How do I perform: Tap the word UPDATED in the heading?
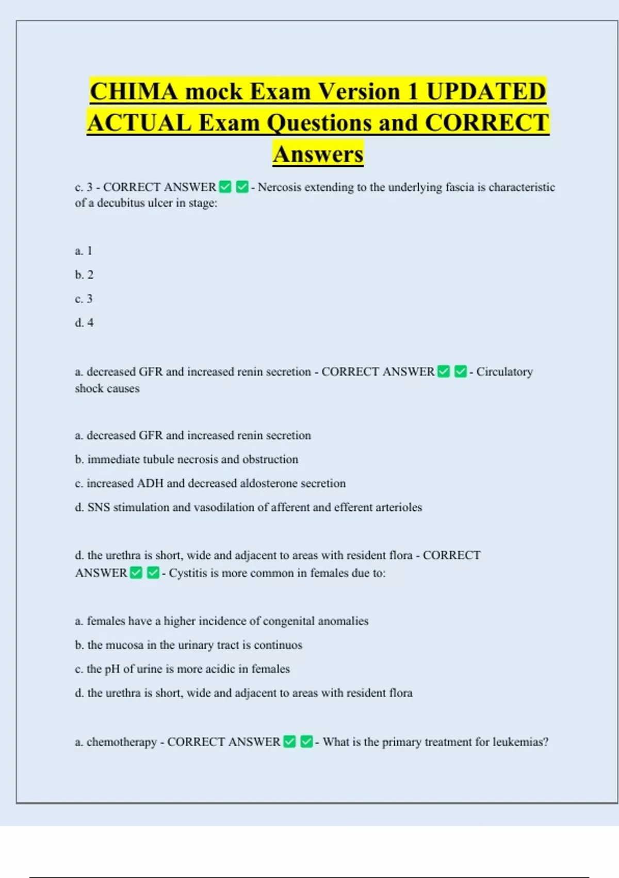pyautogui.click(x=486, y=91)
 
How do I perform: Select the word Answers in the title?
pyautogui.click(x=318, y=154)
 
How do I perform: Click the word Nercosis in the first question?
pyautogui.click(x=279, y=187)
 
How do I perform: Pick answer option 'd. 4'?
pyautogui.click(x=84, y=323)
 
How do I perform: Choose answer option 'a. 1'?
pyautogui.click(x=83, y=251)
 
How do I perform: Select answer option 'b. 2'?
pyautogui.click(x=84, y=275)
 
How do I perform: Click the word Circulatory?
pyautogui.click(x=504, y=372)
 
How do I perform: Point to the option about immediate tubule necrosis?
pyautogui.click(x=186, y=459)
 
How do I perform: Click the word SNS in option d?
pyautogui.click(x=99, y=507)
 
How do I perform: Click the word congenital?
pyautogui.click(x=288, y=621)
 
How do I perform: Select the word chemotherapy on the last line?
pyautogui.click(x=121, y=742)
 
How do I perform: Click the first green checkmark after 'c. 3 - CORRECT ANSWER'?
pyautogui.click(x=225, y=186)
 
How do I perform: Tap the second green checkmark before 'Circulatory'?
pyautogui.click(x=461, y=371)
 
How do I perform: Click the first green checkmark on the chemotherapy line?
pyautogui.click(x=290, y=742)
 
